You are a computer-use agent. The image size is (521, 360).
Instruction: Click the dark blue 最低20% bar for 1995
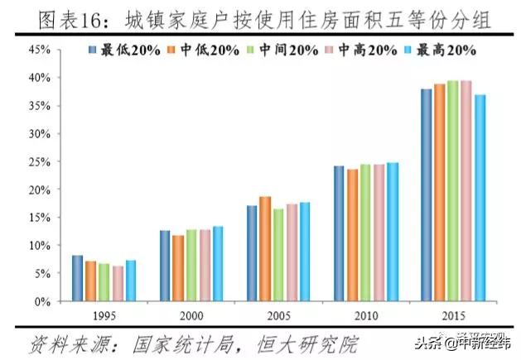77,278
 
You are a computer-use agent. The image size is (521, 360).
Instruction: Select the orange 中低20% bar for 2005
265,249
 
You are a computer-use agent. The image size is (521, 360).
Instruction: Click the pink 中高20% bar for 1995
117,284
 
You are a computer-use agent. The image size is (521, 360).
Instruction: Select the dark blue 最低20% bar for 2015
427,195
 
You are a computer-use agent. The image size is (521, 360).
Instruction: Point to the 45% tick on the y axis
41,50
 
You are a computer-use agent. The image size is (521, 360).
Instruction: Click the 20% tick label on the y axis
41,190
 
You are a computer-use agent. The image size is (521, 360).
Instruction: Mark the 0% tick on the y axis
44,301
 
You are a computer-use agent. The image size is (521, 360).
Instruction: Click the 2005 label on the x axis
278,316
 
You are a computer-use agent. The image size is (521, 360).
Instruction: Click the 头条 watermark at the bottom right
427,345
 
